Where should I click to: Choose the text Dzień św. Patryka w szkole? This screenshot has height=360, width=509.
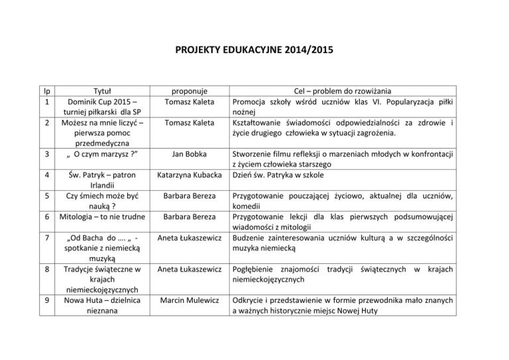coord(282,176)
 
